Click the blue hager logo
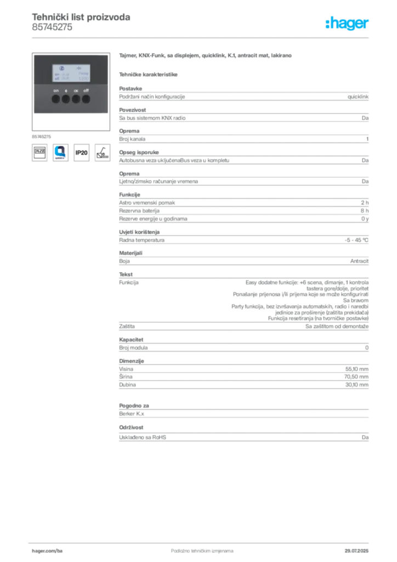(348, 24)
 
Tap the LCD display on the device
(71, 72)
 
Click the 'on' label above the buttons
(56, 90)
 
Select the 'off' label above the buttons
(86, 90)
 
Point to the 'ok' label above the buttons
(76, 90)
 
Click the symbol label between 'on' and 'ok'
(66, 90)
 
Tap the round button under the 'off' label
(86, 99)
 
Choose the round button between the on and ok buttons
(66, 99)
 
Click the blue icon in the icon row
(60, 153)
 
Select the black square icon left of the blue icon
(39, 153)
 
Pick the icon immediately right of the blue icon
(81, 153)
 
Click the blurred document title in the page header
(81, 17)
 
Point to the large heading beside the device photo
(206, 57)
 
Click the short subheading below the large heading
(149, 74)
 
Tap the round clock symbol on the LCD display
(61, 69)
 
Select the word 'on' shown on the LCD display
(56, 74)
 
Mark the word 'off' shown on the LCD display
(56, 78)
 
